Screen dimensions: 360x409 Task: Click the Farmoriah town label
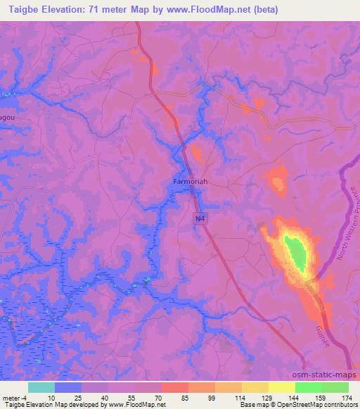coord(191,181)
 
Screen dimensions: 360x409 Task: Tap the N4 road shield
coord(200,219)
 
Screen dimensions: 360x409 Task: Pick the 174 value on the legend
coord(347,398)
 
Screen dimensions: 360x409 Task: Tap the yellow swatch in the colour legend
coord(282,387)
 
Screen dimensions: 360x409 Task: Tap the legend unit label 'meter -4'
coord(14,398)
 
